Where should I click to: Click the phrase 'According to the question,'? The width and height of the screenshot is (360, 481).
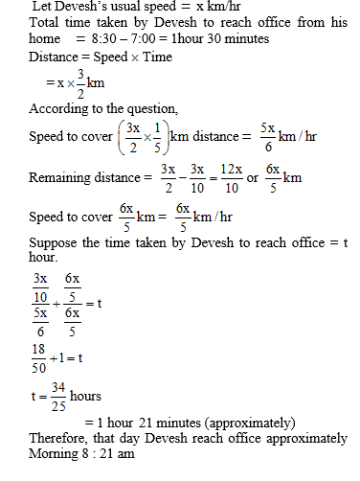pyautogui.click(x=80, y=109)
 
